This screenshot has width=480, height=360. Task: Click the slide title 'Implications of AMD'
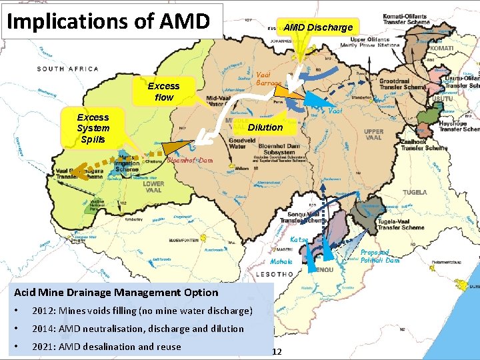pyautogui.click(x=108, y=21)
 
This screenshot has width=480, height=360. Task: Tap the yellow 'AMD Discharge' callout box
pyautogui.click(x=318, y=27)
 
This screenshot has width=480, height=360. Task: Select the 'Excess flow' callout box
pyautogui.click(x=163, y=91)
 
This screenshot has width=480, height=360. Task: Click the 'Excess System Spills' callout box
pyautogui.click(x=93, y=128)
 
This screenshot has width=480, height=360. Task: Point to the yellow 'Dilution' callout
pyautogui.click(x=265, y=127)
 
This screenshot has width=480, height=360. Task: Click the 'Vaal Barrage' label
pyautogui.click(x=270, y=78)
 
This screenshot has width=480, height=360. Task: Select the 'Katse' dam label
pyautogui.click(x=299, y=239)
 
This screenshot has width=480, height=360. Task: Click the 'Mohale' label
pyautogui.click(x=281, y=262)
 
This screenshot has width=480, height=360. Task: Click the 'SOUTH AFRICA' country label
pyautogui.click(x=68, y=69)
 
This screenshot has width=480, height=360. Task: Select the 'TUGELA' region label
pyautogui.click(x=415, y=192)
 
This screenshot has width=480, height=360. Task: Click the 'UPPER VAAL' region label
pyautogui.click(x=374, y=135)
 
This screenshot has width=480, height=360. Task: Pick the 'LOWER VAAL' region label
pyautogui.click(x=153, y=188)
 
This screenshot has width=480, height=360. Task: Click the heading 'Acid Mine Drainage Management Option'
pyautogui.click(x=116, y=292)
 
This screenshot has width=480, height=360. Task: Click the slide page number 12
pyautogui.click(x=277, y=351)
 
